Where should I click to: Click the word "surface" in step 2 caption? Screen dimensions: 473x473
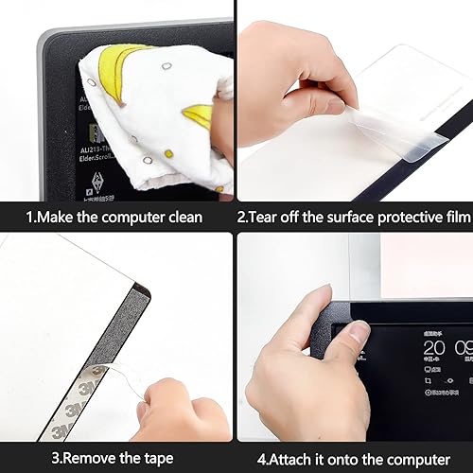click(x=331, y=218)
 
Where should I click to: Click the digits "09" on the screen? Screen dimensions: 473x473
click(x=463, y=347)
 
